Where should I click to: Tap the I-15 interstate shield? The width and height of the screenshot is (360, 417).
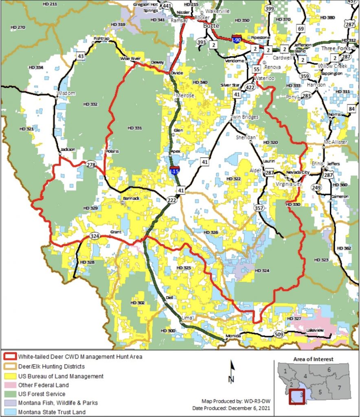coord(174,171)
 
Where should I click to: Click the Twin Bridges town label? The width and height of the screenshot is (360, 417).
coord(245,117)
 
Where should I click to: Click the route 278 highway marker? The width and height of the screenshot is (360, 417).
coord(91,165)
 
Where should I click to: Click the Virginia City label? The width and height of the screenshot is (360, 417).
coord(289,184)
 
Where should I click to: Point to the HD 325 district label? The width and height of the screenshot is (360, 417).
coord(184,268)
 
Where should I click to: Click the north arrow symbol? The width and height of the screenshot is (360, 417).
coord(231,371)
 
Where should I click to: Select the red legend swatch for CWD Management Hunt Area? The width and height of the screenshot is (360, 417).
coord(10,357)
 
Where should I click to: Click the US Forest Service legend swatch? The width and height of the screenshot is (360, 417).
coord(10,394)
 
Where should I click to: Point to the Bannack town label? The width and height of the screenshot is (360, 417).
coord(130,198)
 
